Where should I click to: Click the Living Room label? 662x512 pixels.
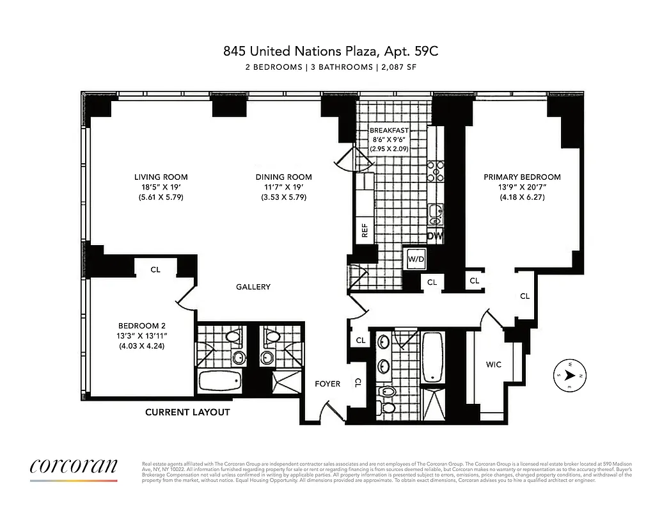pyautogui.click(x=161, y=177)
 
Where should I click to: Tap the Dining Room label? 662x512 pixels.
pyautogui.click(x=283, y=177)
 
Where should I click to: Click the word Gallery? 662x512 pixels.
pyautogui.click(x=253, y=287)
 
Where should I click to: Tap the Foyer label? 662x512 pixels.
pyautogui.click(x=327, y=384)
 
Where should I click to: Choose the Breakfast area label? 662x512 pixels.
pyautogui.click(x=389, y=130)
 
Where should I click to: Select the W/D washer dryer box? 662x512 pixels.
pyautogui.click(x=416, y=259)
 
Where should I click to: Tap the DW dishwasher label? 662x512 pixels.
pyautogui.click(x=436, y=236)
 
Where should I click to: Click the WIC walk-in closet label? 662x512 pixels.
pyautogui.click(x=493, y=365)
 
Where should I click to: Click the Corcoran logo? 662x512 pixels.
pyautogui.click(x=74, y=467)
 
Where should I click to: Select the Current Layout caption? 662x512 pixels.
pyautogui.click(x=187, y=412)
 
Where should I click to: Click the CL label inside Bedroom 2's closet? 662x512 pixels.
pyautogui.click(x=155, y=269)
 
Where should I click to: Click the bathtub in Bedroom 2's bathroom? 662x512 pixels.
pyautogui.click(x=221, y=383)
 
